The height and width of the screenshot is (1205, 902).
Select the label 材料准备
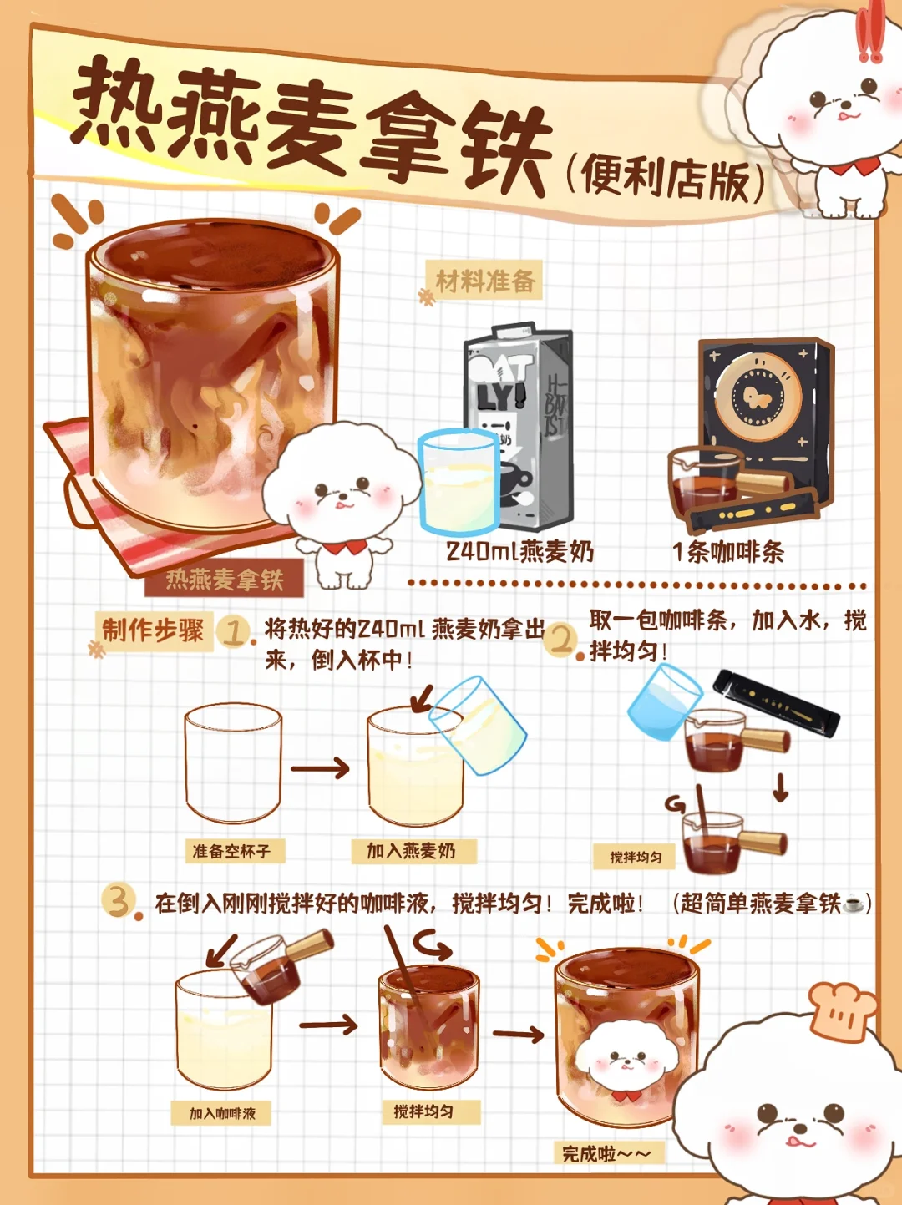click(485, 281)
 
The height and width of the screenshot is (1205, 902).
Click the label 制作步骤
click(153, 630)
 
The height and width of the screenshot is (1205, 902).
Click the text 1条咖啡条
click(728, 553)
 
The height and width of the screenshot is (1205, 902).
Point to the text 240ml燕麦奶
click(519, 552)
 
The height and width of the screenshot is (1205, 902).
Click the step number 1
click(233, 632)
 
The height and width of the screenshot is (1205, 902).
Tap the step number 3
click(119, 901)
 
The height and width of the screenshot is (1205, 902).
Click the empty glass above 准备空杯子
click(233, 763)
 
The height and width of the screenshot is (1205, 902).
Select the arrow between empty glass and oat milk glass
click(320, 768)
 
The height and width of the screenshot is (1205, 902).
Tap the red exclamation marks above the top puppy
click(870, 32)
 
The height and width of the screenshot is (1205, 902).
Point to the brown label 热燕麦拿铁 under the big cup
click(224, 580)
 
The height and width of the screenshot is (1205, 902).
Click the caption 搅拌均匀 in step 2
click(636, 857)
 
